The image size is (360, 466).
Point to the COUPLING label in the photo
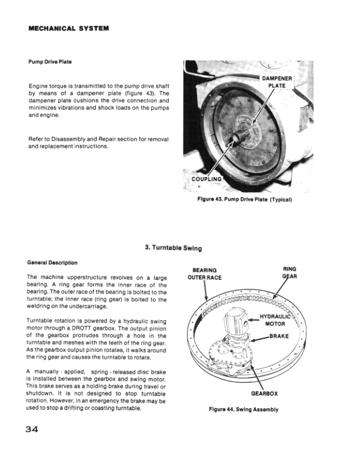206,179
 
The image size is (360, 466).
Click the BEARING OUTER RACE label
204,274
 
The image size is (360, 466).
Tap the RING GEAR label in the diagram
290,274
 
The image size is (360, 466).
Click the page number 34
32,430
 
